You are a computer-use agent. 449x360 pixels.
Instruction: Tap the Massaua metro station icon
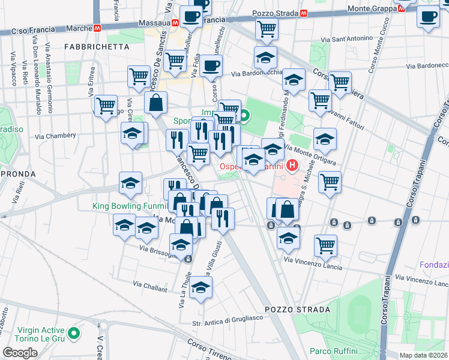pos(174,22)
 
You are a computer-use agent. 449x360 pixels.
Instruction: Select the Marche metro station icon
pos(97,28)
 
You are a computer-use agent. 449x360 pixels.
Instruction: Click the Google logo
pos(20,353)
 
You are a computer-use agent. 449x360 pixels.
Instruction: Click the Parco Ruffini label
pos(334,351)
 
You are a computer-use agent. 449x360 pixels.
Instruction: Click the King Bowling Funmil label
pos(128,206)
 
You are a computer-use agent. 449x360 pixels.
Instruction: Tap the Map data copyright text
pos(424,355)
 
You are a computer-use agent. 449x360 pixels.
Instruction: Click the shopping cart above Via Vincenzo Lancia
pos(325,244)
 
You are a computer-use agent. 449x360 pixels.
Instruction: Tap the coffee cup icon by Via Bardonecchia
pos(211,65)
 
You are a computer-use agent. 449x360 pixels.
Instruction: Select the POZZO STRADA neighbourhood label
pos(301,310)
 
